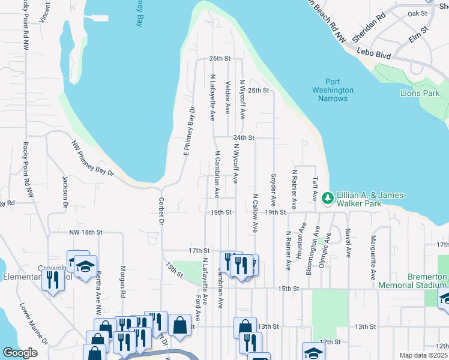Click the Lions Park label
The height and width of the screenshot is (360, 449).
pyautogui.click(x=420, y=93)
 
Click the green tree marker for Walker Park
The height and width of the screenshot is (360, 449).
pyautogui.click(x=328, y=197)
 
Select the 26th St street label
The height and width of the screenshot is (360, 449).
pyautogui.click(x=220, y=59)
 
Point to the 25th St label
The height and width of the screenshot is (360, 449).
pyautogui.click(x=258, y=91)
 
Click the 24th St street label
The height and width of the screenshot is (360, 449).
pyautogui.click(x=244, y=137)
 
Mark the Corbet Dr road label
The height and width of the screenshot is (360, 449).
pyautogui.click(x=161, y=211)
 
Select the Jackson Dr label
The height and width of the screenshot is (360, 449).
pyautogui.click(x=65, y=191)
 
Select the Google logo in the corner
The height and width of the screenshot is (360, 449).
pyautogui.click(x=20, y=353)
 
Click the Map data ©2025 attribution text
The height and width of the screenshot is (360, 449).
pyautogui.click(x=424, y=355)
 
